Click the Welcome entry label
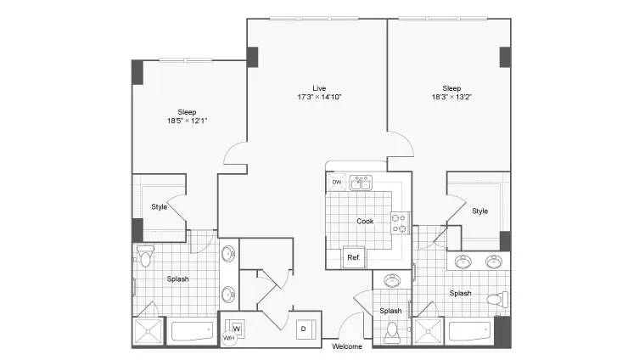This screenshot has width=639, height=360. tap(347, 346)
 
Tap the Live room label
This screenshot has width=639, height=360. tap(319, 88)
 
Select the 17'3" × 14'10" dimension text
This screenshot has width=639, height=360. tap(319, 97)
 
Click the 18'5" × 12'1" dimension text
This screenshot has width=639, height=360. tap(187, 121)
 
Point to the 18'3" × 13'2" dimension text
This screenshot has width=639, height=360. tap(451, 97)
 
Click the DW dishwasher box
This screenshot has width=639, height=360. tap(337, 182)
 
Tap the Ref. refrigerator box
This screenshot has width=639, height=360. tap(353, 257)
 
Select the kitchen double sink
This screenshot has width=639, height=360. tap(361, 183)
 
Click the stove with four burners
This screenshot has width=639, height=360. tap(401, 223)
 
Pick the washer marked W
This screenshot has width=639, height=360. tap(236, 329)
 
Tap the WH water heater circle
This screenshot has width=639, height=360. tap(228, 339)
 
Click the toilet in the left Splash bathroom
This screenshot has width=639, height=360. tap(145, 256)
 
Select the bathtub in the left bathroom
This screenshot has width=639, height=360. tap(192, 331)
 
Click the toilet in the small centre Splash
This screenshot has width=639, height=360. tap(392, 332)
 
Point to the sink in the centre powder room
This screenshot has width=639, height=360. tap(392, 280)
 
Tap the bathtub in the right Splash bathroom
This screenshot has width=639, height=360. tap(469, 331)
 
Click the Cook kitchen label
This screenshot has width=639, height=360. tap(365, 222)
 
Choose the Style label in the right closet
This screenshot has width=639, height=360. tap(480, 211)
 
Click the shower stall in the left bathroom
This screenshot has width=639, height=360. tap(148, 331)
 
